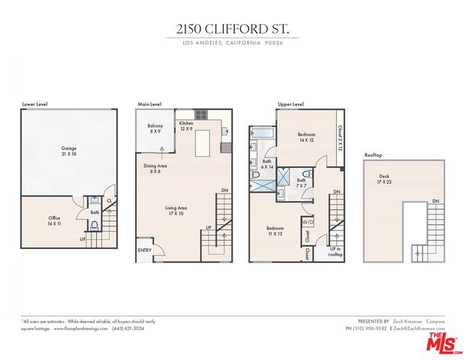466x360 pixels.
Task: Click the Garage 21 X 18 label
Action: click(69, 151)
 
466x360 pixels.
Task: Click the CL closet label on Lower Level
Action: click(109, 200)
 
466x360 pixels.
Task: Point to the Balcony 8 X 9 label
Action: click(155, 129)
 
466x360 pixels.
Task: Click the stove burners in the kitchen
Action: click(201, 115)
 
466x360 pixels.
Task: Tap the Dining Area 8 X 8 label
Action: click(155, 169)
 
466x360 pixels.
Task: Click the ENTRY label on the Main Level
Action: click(144, 250)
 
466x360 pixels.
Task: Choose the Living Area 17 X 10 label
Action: click(176, 211)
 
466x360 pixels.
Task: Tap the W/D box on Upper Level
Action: click(308, 222)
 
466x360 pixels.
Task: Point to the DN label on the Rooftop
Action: click(435, 201)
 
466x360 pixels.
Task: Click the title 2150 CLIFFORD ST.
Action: click(233, 29)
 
